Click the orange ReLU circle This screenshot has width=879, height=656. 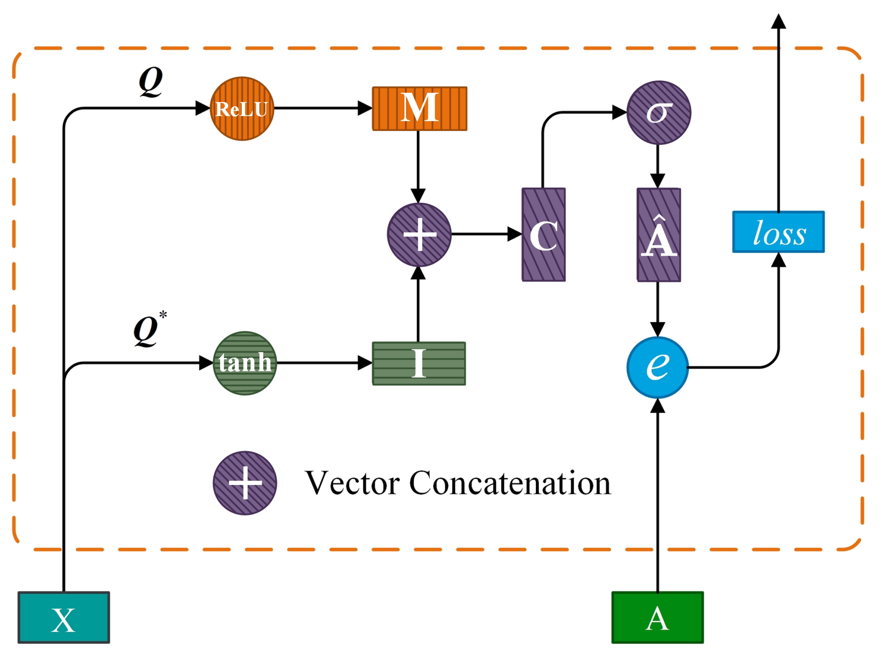pyautogui.click(x=242, y=108)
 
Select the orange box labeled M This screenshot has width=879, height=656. pyautogui.click(x=419, y=108)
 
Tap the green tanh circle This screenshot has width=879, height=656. pyautogui.click(x=244, y=363)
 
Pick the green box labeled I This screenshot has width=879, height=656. pyautogui.click(x=419, y=363)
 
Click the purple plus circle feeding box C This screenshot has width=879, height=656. pyautogui.click(x=419, y=235)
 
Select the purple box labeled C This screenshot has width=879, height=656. pyautogui.click(x=543, y=235)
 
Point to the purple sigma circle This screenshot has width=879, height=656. pyautogui.click(x=659, y=113)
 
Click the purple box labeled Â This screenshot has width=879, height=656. pyautogui.click(x=659, y=235)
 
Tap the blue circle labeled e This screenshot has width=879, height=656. pyautogui.click(x=657, y=367)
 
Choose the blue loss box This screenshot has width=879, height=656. pyautogui.click(x=778, y=232)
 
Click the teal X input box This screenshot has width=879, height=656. pyautogui.click(x=63, y=618)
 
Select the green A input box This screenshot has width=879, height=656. pyautogui.click(x=657, y=618)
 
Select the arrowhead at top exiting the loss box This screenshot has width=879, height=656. pyautogui.click(x=778, y=22)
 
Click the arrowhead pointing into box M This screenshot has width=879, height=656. pyautogui.click(x=365, y=108)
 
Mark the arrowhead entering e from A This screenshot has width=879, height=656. pyautogui.click(x=657, y=406)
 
